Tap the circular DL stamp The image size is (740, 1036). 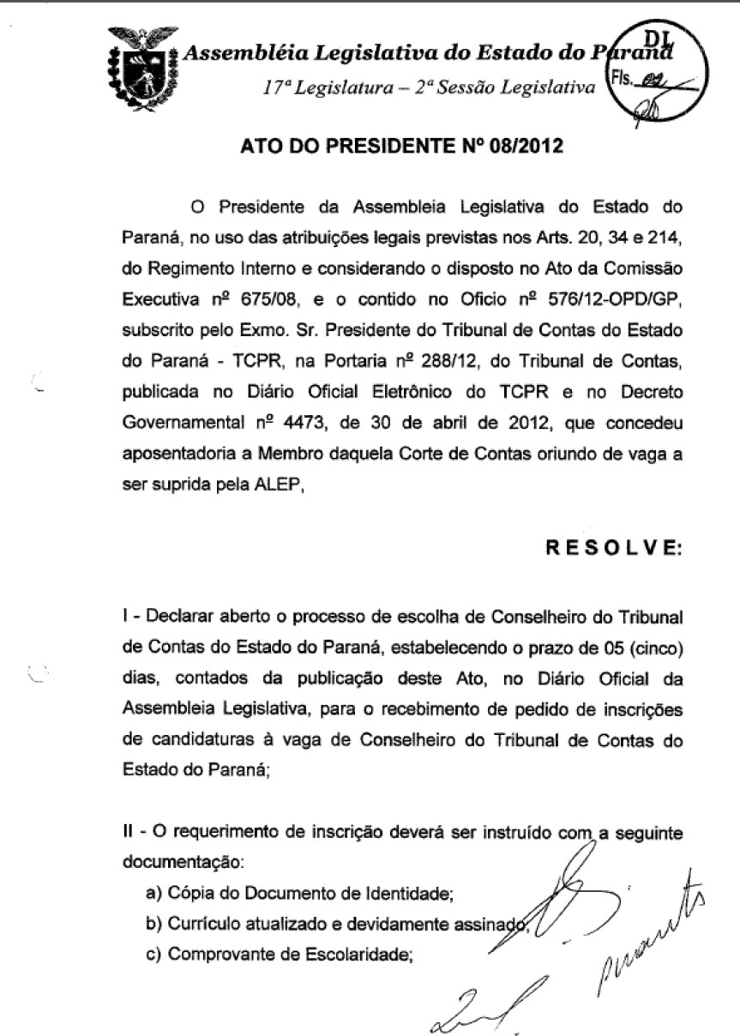(659, 75)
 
